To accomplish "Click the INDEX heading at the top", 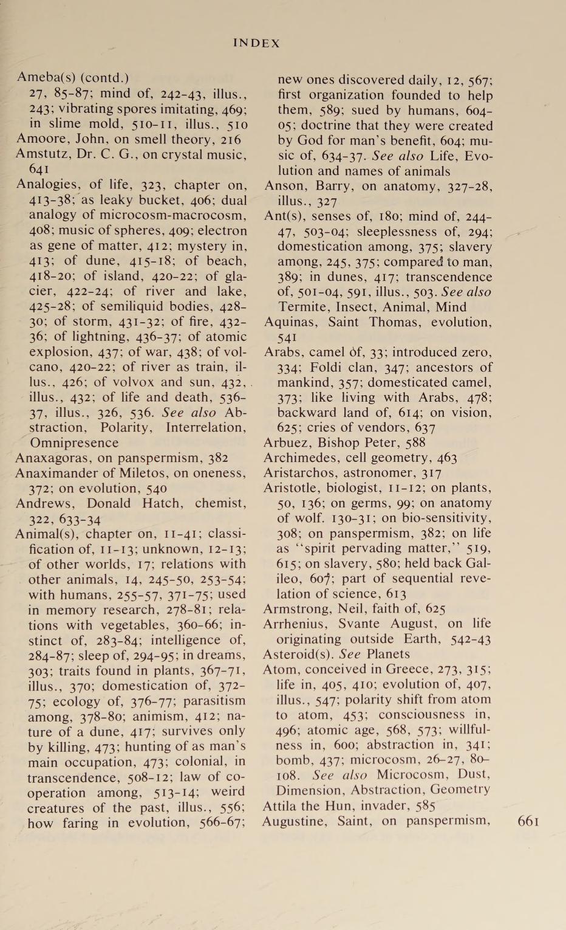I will [257, 43].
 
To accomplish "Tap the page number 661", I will [528, 822].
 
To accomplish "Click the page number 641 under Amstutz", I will [39, 170].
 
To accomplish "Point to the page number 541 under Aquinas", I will [287, 337].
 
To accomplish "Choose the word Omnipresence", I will [66, 443].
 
